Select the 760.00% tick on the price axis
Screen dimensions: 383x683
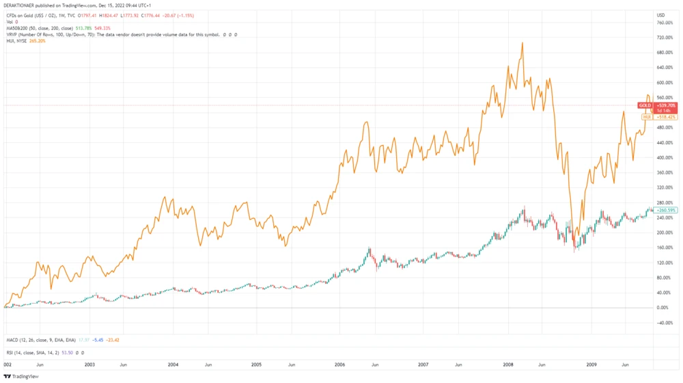tap(665, 23)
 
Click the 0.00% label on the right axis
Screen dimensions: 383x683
tap(663, 308)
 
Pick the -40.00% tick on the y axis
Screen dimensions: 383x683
tap(665, 323)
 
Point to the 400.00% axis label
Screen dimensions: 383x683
tap(665, 158)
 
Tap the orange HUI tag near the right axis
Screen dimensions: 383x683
tap(647, 117)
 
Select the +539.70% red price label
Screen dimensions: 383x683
tap(666, 106)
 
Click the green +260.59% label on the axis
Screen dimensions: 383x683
tap(666, 210)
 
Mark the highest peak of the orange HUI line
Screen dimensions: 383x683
tap(522, 43)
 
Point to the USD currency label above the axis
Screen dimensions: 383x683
tap(660, 15)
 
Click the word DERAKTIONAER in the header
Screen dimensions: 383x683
tap(20, 5)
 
